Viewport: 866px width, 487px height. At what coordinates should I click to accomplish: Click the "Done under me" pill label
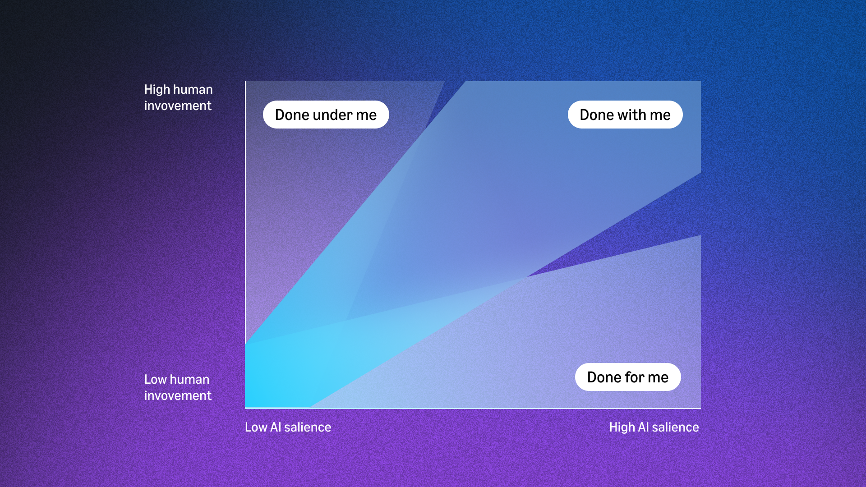pyautogui.click(x=326, y=115)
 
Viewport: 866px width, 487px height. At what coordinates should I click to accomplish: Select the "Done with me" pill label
pyautogui.click(x=625, y=115)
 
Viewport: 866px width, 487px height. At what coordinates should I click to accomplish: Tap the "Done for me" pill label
pyautogui.click(x=628, y=377)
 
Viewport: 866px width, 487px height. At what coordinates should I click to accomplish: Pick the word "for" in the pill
pyautogui.click(x=634, y=377)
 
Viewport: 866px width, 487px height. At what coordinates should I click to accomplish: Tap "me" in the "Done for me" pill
pyautogui.click(x=658, y=378)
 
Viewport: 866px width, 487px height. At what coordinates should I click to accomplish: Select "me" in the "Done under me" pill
pyautogui.click(x=366, y=115)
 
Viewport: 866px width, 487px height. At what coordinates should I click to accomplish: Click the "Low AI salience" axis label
pyautogui.click(x=288, y=427)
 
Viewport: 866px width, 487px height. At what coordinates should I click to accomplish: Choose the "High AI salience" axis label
pyautogui.click(x=654, y=427)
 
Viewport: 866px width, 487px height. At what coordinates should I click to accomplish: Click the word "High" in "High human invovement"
pyautogui.click(x=157, y=89)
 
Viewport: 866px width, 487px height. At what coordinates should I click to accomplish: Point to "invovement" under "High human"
pyautogui.click(x=178, y=106)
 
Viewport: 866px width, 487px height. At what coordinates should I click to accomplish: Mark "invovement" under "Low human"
pyautogui.click(x=178, y=395)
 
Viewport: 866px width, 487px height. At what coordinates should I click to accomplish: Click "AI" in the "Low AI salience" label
pyautogui.click(x=276, y=427)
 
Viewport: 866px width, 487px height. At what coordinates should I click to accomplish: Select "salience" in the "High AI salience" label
pyautogui.click(x=675, y=427)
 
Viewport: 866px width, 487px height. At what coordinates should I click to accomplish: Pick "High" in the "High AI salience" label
pyautogui.click(x=622, y=427)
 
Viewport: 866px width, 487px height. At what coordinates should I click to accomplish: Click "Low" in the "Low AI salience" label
pyautogui.click(x=256, y=427)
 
